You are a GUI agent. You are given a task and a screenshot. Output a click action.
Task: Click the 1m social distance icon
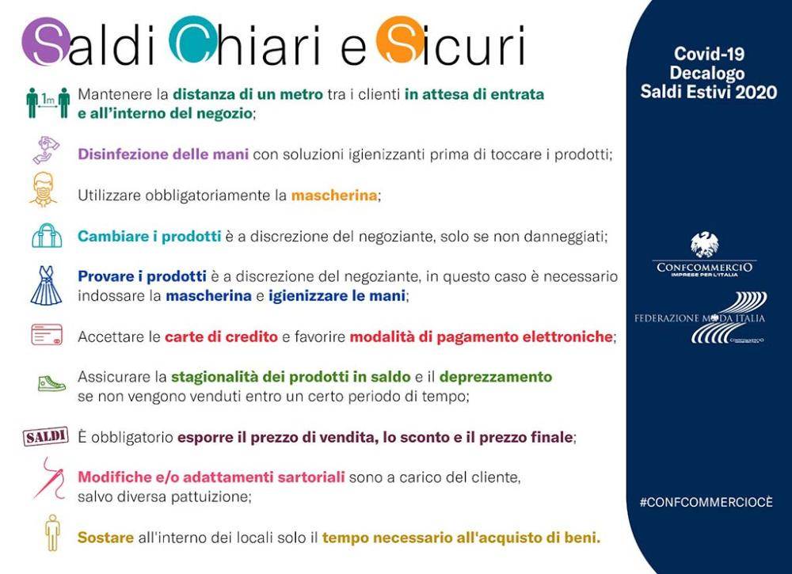48,103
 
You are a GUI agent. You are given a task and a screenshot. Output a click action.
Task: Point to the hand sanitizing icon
46,150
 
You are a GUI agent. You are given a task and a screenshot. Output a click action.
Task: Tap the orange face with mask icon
43,189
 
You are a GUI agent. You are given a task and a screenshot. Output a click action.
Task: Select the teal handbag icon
47,235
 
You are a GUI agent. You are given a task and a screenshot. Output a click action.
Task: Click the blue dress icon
46,286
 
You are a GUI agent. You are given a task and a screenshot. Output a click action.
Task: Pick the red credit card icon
47,335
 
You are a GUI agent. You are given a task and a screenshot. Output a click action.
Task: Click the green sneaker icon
51,383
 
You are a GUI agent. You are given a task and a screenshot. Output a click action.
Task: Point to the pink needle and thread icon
49,477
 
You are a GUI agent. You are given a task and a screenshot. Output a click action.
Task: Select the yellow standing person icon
52,533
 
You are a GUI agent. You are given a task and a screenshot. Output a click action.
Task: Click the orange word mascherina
334,196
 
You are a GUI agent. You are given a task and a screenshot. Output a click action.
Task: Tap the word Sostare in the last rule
105,538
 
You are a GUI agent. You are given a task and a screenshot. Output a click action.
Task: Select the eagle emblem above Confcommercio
705,244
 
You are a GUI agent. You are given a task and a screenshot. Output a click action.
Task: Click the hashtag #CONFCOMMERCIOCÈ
706,502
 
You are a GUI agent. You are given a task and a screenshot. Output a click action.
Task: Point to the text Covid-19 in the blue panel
709,54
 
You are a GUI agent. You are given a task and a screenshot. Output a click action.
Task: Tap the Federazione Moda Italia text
699,318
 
